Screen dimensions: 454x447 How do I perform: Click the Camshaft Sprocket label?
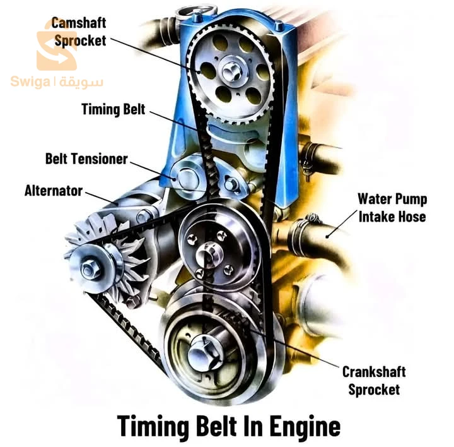79,32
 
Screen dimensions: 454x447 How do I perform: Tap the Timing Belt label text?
113,110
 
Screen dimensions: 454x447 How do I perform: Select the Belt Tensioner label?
86,159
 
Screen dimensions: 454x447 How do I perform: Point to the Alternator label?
54,191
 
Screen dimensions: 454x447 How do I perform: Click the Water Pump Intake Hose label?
392,208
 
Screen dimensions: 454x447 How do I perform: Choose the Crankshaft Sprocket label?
374,381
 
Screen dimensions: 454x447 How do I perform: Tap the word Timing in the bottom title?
153,426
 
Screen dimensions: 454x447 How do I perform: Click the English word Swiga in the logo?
30,82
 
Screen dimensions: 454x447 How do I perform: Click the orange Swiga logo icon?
57,46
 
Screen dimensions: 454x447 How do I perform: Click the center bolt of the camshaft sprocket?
231,71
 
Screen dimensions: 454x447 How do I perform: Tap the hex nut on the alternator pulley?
88,270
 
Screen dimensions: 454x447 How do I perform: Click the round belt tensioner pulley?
187,177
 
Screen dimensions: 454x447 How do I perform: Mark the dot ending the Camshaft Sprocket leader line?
199,72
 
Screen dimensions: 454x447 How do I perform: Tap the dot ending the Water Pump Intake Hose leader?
327,237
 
